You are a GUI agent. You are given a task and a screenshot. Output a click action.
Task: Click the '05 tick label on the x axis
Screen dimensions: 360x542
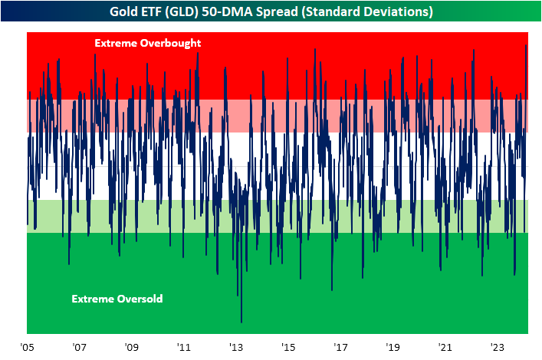tap(29, 346)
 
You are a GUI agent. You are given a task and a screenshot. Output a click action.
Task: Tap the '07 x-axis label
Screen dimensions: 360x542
tap(79, 346)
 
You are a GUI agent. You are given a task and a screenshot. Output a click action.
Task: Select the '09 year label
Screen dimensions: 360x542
tap(131, 346)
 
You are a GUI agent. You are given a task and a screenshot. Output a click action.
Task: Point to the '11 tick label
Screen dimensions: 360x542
tap(183, 346)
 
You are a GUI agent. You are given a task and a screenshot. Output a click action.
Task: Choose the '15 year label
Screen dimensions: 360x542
tap(287, 346)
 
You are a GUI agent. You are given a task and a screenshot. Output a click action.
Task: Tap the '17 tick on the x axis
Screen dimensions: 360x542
tap(340, 346)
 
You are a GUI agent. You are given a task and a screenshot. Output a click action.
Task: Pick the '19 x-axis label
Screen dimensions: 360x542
tap(393, 346)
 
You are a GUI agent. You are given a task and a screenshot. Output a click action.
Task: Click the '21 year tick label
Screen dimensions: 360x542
tap(445, 346)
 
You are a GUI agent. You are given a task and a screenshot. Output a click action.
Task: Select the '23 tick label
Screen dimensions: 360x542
tap(497, 346)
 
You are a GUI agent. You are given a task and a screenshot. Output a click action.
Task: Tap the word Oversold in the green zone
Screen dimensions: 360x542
tap(139, 299)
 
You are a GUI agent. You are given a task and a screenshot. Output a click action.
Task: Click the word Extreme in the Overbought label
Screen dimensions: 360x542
tap(112, 44)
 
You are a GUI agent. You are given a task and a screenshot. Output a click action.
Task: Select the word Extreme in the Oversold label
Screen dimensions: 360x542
tap(91, 299)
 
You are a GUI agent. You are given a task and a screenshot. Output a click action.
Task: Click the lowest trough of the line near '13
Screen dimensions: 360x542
tap(241, 322)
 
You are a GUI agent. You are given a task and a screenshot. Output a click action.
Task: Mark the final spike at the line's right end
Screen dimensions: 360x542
tap(527, 45)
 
